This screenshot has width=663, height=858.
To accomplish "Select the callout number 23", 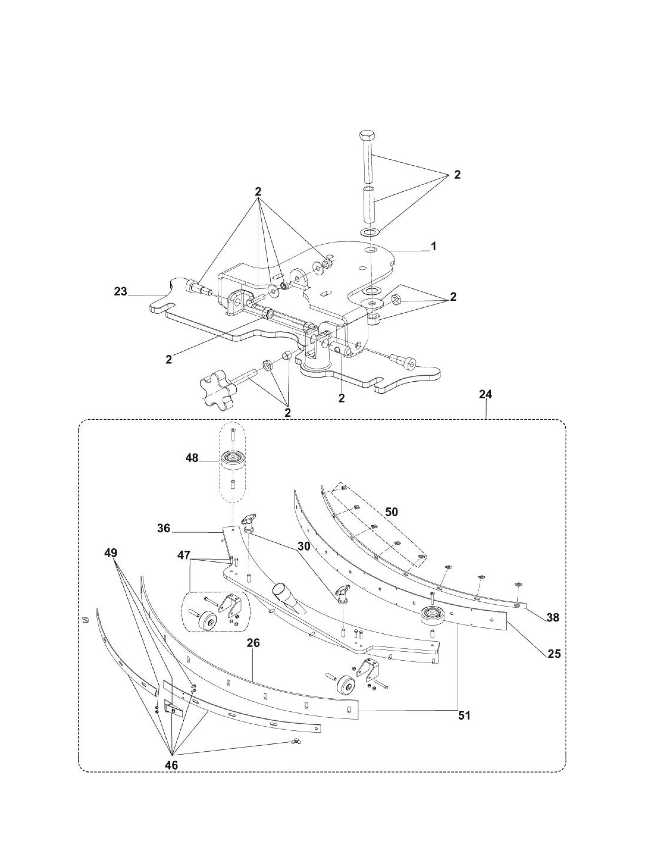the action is [121, 291].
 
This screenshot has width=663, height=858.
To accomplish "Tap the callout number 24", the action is [485, 394].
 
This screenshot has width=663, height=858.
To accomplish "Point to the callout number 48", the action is [192, 458].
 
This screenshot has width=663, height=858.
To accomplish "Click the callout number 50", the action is [392, 512].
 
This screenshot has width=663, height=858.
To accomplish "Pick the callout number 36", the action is [164, 528].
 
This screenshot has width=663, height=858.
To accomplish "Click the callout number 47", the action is [184, 555].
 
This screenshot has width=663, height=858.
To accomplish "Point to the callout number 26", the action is [253, 643].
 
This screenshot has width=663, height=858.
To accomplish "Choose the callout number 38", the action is [553, 617].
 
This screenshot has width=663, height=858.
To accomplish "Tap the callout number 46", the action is [171, 765].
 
